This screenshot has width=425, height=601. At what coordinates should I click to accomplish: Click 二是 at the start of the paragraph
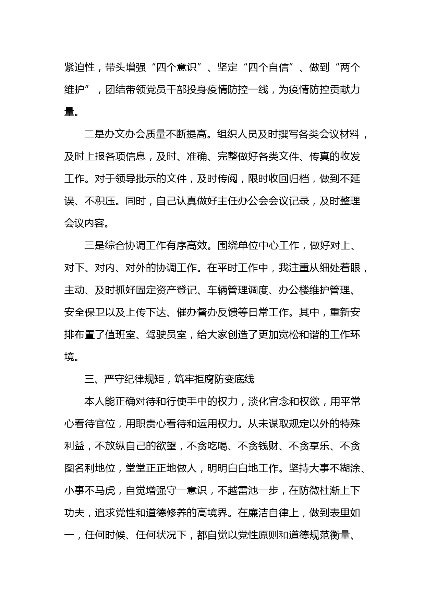pyautogui.click(x=94, y=134)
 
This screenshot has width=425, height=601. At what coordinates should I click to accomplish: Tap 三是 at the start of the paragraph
pyautogui.click(x=94, y=246)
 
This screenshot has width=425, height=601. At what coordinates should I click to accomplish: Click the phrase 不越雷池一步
pyautogui.click(x=247, y=491)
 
